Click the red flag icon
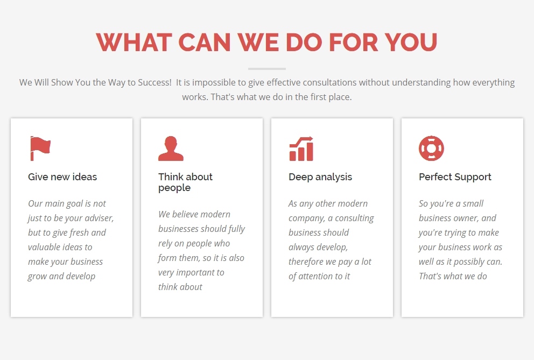tap(40, 148)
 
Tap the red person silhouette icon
tap(171, 149)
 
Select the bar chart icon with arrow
tap(301, 149)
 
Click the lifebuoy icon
tap(431, 149)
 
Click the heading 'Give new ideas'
tap(62, 177)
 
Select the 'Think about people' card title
tap(185, 182)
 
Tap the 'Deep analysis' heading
tap(320, 177)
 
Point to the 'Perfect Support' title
tap(455, 177)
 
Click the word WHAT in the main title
tap(134, 43)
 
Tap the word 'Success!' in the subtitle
tap(154, 82)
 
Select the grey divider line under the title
tap(267, 69)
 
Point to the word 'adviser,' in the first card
tap(99, 218)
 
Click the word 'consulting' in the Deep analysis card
tap(354, 218)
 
